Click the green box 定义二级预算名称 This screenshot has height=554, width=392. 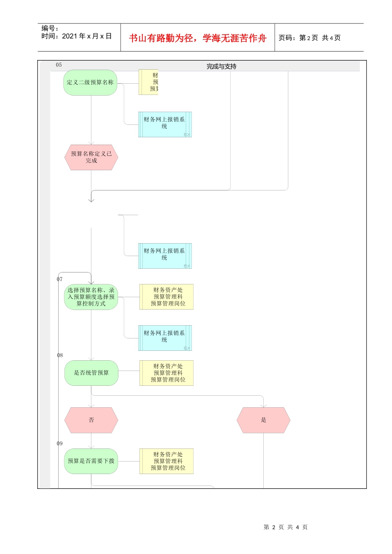pyautogui.click(x=90, y=83)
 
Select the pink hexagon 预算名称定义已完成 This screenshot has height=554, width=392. pyautogui.click(x=91, y=157)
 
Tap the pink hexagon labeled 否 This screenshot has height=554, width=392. pyautogui.click(x=91, y=420)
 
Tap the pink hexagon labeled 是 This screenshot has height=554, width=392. pyautogui.click(x=263, y=420)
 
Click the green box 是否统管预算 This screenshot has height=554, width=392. pyautogui.click(x=91, y=373)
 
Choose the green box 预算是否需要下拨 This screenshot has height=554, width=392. pyautogui.click(x=91, y=461)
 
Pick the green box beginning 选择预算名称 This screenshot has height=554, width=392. pyautogui.click(x=91, y=297)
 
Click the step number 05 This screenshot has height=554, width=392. pyautogui.click(x=59, y=65)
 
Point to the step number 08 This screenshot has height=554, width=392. pyautogui.click(x=60, y=355)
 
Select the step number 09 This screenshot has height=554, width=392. pyautogui.click(x=60, y=444)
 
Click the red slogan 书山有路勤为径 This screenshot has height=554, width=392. pyautogui.click(x=198, y=38)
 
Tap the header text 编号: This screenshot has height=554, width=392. pyautogui.click(x=50, y=28)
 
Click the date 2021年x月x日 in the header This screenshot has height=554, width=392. pyautogui.click(x=87, y=36)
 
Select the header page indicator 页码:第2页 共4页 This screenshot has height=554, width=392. pyautogui.click(x=309, y=38)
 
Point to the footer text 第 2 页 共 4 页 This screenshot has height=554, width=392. pyautogui.click(x=286, y=527)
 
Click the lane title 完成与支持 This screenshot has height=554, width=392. pyautogui.click(x=222, y=66)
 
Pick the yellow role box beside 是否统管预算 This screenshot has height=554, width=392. pyautogui.click(x=167, y=373)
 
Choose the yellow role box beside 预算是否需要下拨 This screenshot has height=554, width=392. pyautogui.click(x=167, y=461)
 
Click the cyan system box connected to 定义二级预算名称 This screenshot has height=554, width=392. pyautogui.click(x=165, y=124)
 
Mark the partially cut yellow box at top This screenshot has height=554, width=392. pyautogui.click(x=149, y=82)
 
